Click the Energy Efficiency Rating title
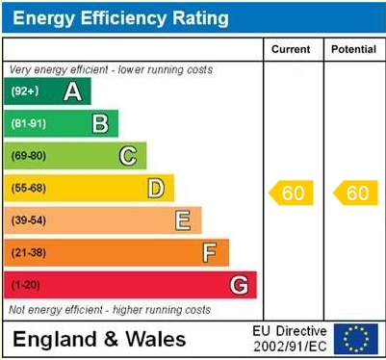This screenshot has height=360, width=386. tap(119, 17)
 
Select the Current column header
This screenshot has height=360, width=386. tap(291, 49)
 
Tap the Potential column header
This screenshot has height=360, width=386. tap(353, 49)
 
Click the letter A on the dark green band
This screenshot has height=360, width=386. tap(72, 91)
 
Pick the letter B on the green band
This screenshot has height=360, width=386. tap(100, 123)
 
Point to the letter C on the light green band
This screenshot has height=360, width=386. tap(128, 156)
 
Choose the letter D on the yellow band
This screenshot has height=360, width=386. tap(155, 188)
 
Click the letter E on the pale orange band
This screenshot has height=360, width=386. tap(182, 220)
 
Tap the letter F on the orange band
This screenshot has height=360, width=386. tap(210, 252)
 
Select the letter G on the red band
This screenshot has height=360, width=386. tap(239, 285)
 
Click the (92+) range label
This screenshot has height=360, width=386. tap(25, 91)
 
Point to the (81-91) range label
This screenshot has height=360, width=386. tap(28, 123)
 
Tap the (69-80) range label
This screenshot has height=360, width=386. tap(28, 156)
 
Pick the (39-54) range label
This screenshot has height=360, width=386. tap(28, 220)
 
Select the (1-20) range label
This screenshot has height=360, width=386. tap(25, 285)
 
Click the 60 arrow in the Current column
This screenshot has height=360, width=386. tap(291, 193)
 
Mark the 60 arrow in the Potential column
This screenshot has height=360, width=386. tap(354, 193)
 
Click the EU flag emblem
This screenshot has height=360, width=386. tap(356, 339)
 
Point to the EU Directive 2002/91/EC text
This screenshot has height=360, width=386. tap(290, 339)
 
